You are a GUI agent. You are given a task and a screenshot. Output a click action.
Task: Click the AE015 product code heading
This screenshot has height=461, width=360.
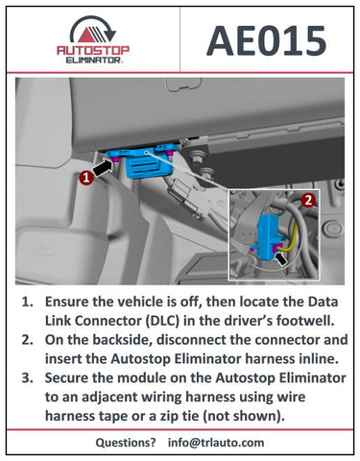click(266, 40)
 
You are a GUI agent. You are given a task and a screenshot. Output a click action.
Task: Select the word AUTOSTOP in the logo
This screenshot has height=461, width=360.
click(93, 50)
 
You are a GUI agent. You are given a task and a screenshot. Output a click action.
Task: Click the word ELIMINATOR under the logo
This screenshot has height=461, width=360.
click(93, 60)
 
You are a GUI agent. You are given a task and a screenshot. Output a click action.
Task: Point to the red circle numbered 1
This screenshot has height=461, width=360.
click(86, 178)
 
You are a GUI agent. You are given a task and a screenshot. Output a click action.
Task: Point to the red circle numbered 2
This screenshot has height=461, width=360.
click(308, 201)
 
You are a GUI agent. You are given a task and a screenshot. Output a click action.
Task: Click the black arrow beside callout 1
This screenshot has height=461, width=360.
click(103, 168)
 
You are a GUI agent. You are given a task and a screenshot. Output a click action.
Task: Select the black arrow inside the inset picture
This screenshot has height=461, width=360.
click(281, 258)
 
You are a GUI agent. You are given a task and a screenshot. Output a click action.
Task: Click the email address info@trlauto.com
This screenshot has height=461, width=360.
click(216, 443)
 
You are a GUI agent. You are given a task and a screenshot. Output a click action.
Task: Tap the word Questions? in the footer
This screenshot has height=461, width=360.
click(126, 443)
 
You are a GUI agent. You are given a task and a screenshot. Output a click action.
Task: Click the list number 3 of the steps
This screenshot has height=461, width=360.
click(27, 378)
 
